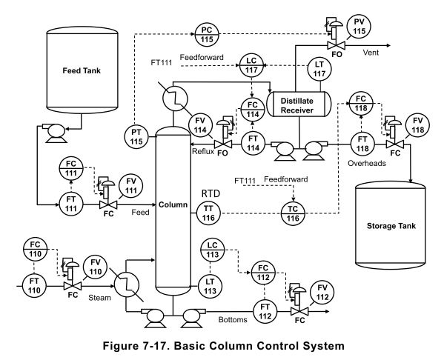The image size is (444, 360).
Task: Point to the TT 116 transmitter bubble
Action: tap(208, 212)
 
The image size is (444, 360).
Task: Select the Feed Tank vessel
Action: tap(81, 71)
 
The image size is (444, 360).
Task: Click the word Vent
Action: tap(372, 53)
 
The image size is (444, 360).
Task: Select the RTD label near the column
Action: tap(211, 193)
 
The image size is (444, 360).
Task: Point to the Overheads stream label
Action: tap(367, 163)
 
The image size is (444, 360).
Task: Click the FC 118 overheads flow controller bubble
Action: tap(361, 103)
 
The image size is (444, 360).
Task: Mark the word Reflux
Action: tap(202, 151)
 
